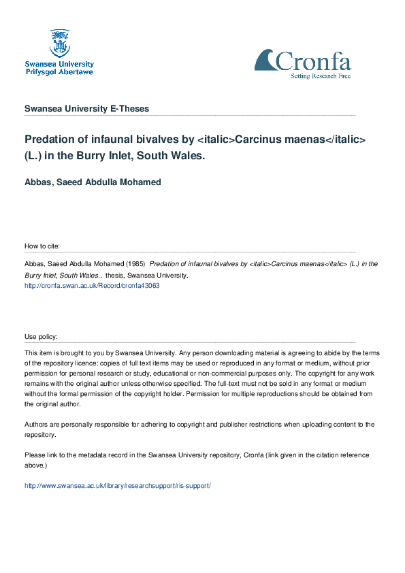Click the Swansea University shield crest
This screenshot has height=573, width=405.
click(x=59, y=42)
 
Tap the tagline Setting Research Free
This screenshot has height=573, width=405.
click(x=321, y=77)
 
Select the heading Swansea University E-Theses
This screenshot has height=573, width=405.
click(x=86, y=109)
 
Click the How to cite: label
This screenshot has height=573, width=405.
click(x=42, y=246)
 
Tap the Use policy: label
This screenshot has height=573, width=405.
click(x=42, y=337)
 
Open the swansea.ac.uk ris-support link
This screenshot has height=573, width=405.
click(x=118, y=486)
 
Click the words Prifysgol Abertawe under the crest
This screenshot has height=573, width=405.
click(x=59, y=71)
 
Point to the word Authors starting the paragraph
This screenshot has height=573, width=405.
click(x=37, y=425)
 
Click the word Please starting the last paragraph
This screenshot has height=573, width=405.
click(x=35, y=455)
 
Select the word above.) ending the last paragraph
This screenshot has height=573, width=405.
click(x=36, y=465)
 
